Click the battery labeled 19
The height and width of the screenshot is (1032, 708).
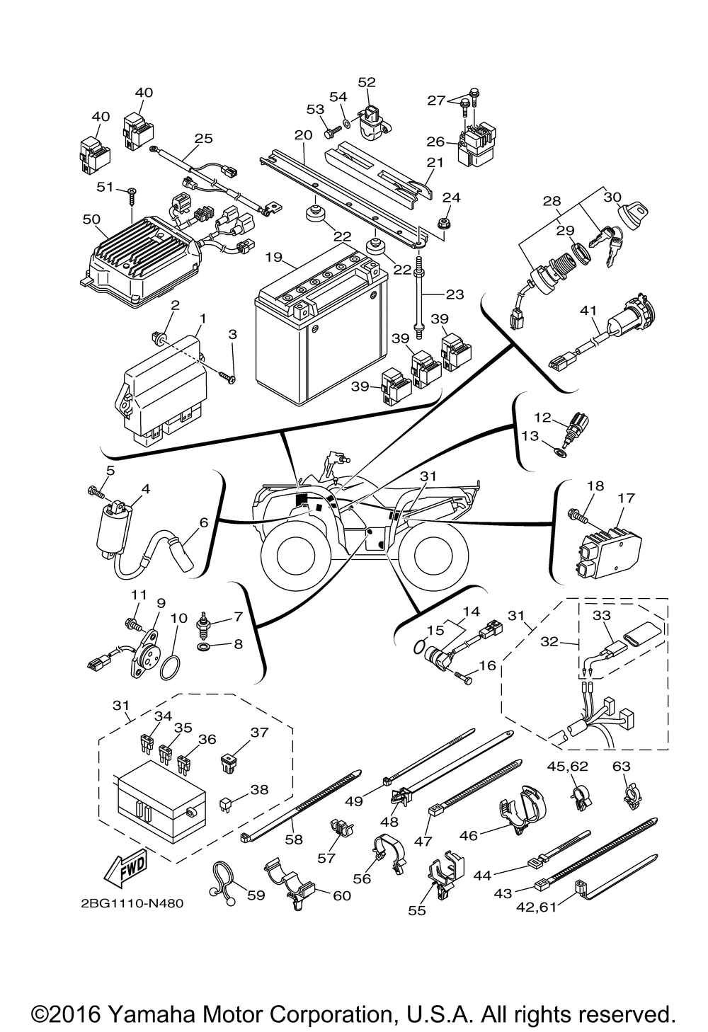point(321,325)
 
